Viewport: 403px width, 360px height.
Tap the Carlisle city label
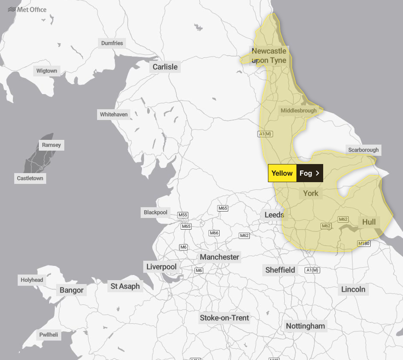165,67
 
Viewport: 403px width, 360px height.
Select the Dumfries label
112,43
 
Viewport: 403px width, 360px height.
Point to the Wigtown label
47,71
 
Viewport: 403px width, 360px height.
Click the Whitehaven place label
114,114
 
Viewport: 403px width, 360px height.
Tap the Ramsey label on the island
51,145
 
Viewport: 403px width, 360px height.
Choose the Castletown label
30,178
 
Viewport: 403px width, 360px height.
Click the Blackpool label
155,212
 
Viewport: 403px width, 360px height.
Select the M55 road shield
183,215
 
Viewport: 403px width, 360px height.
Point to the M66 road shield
214,233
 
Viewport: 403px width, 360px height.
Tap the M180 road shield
364,244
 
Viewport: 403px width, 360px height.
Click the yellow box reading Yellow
282,173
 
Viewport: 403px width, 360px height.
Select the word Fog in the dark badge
305,173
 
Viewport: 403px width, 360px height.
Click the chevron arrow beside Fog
318,173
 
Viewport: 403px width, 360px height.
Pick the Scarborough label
363,150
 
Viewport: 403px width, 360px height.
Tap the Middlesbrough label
299,111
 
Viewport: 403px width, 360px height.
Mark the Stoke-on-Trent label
224,318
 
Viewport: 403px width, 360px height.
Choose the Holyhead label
32,280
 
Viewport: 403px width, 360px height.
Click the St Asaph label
125,286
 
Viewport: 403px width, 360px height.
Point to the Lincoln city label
353,289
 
